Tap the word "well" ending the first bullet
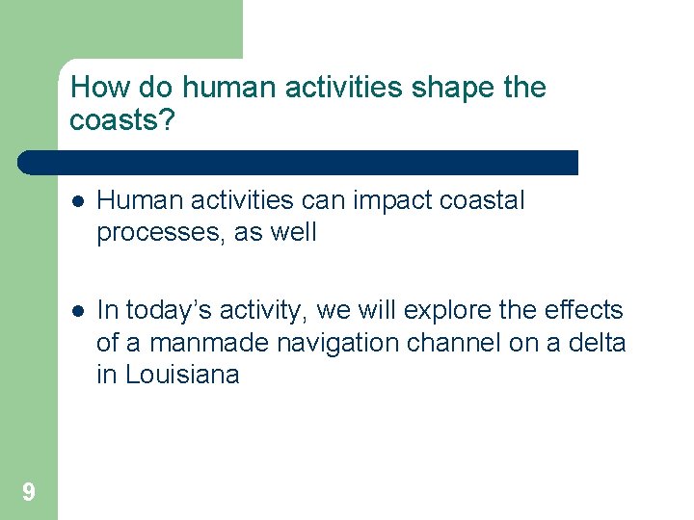click(291, 232)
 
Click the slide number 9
click(29, 493)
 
